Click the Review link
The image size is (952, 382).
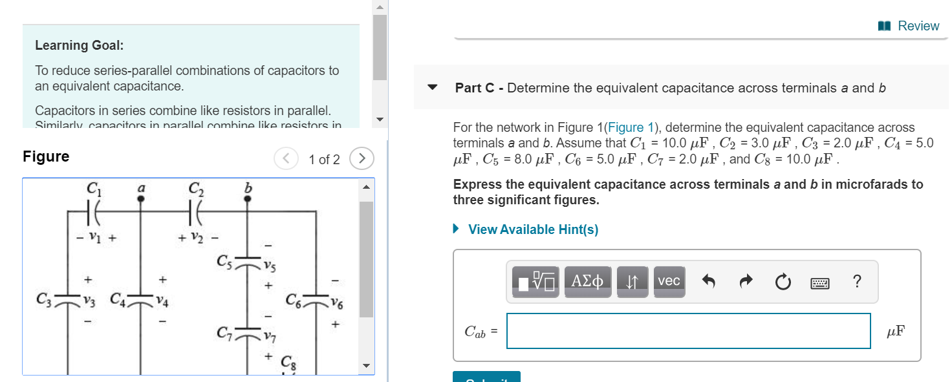click(911, 26)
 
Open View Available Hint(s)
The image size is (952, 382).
click(532, 229)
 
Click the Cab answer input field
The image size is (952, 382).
click(688, 331)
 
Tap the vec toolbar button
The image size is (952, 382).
click(668, 281)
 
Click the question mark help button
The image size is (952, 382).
click(857, 281)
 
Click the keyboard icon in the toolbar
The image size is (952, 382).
click(819, 282)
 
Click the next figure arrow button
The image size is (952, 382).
click(362, 158)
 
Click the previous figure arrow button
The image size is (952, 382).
click(285, 158)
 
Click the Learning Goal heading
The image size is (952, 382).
click(79, 45)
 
